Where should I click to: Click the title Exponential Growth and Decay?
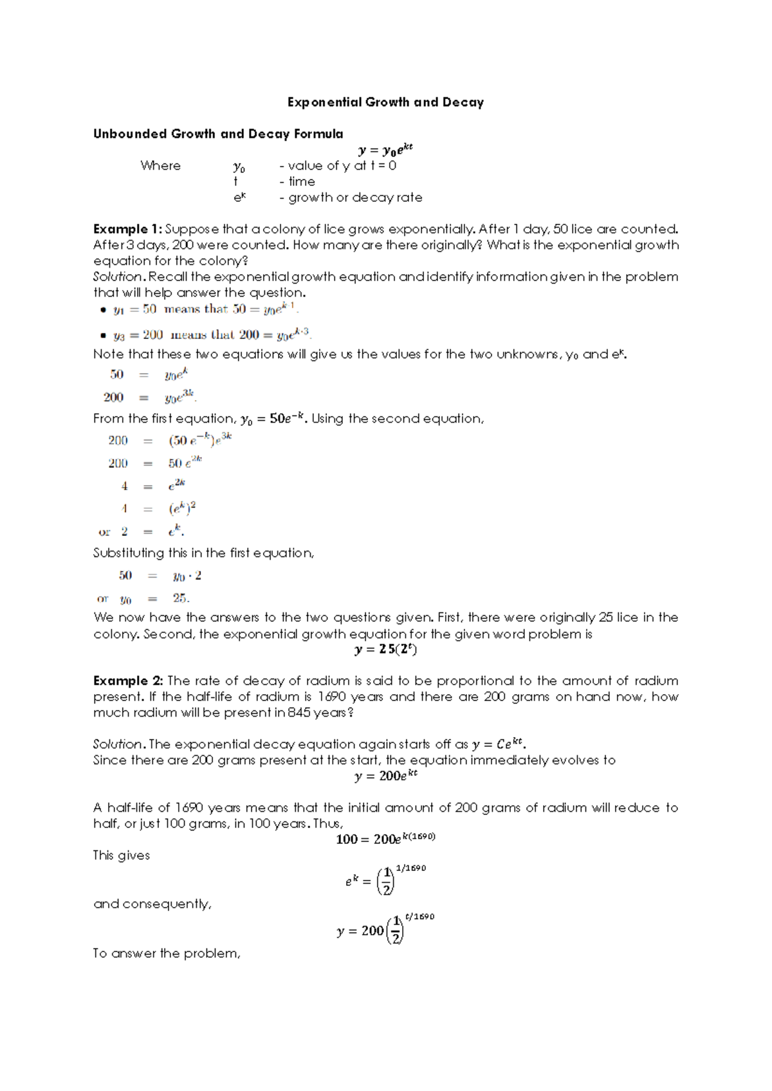pyautogui.click(x=385, y=102)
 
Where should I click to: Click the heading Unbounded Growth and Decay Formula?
pyautogui.click(x=218, y=134)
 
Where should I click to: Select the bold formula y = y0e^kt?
pyautogui.click(x=385, y=150)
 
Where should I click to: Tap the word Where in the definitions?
pyautogui.click(x=160, y=165)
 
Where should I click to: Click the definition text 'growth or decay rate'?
pyautogui.click(x=354, y=197)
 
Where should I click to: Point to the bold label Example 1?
pyautogui.click(x=127, y=229)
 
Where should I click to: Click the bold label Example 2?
pyautogui.click(x=128, y=681)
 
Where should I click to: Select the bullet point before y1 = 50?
pyautogui.click(x=103, y=310)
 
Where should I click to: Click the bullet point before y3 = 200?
pyautogui.click(x=103, y=335)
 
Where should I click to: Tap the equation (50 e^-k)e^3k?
pyautogui.click(x=199, y=440)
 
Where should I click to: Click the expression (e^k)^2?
pyautogui.click(x=182, y=509)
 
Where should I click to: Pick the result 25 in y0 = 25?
pyautogui.click(x=180, y=598)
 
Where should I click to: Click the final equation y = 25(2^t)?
pyautogui.click(x=385, y=649)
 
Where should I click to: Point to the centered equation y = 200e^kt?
pyautogui.click(x=385, y=775)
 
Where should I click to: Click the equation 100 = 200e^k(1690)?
pyautogui.click(x=385, y=838)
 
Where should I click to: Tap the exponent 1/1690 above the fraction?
pyautogui.click(x=410, y=868)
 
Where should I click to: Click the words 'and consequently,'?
pyautogui.click(x=152, y=904)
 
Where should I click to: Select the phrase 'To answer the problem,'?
pyautogui.click(x=167, y=953)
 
